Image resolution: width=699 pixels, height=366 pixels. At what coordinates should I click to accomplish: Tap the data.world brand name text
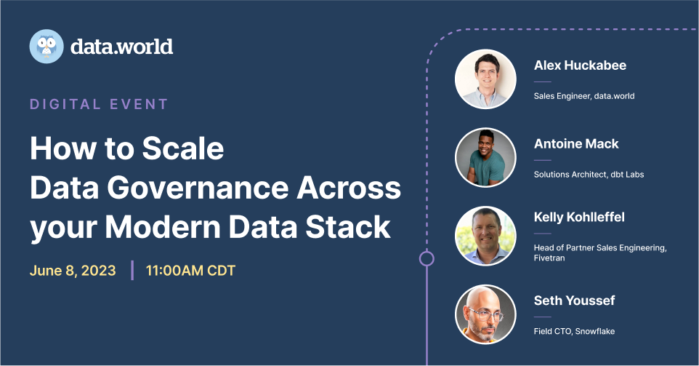coord(121,47)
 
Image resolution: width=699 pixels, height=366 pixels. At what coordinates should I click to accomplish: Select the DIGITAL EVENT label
coord(99,104)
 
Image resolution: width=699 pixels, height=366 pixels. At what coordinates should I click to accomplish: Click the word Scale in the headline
coord(183,149)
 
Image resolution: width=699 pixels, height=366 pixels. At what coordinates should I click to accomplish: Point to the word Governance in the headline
coord(216,188)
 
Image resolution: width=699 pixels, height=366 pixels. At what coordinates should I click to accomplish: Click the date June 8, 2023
coord(73,271)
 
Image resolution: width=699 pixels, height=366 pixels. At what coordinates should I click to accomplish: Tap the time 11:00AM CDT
coord(190,271)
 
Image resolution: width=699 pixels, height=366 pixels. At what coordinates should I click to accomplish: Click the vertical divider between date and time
coord(132,270)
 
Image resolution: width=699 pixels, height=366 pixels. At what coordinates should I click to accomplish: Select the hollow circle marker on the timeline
coord(427,258)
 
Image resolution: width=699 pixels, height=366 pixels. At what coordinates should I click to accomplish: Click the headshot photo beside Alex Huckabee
coord(485,79)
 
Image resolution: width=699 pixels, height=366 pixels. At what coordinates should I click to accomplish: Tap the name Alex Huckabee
coord(580,65)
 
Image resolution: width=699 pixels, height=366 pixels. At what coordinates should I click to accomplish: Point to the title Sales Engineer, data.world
coord(584,96)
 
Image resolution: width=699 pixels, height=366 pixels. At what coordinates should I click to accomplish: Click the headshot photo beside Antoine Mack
coord(485,158)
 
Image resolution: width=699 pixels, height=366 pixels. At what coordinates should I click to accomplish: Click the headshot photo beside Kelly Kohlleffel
coord(485,236)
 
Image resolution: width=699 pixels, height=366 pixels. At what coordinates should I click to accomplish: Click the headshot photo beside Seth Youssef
coord(485,314)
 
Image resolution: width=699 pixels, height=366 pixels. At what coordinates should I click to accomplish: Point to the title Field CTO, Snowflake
coord(574,331)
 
